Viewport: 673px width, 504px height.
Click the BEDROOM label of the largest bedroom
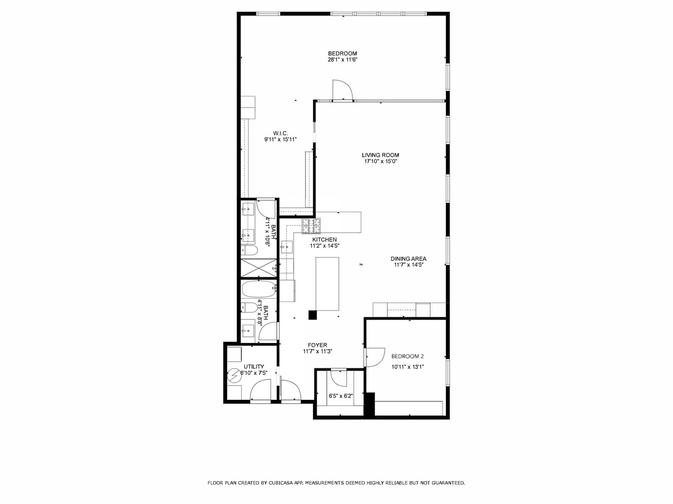pos(342,53)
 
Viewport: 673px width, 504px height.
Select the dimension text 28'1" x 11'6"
pos(342,60)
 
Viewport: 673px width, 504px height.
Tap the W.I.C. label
pos(280,133)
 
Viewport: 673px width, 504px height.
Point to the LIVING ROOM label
pos(380,155)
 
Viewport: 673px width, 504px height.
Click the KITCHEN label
pos(324,239)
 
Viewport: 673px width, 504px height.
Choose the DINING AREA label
pos(408,259)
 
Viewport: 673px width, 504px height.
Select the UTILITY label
pos(254,366)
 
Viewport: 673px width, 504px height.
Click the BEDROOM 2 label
pos(408,356)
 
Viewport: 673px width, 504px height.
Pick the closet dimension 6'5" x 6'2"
pos(341,396)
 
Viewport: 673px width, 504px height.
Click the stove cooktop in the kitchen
pos(311,226)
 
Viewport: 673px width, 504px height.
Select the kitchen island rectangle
pos(328,283)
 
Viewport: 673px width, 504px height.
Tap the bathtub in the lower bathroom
pos(259,290)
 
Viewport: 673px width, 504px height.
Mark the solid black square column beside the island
pos(313,315)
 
